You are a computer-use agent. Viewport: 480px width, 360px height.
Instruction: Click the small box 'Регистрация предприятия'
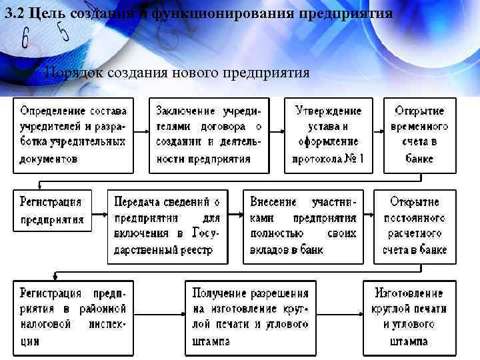53,210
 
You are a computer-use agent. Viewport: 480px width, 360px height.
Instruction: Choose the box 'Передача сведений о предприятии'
167,226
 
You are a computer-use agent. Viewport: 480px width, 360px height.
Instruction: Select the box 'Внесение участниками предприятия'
304,226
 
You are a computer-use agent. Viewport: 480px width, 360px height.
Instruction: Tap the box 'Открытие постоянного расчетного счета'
415,226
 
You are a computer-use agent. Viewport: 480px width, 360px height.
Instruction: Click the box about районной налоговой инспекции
73,317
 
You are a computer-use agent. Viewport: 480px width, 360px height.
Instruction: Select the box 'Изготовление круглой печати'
409,317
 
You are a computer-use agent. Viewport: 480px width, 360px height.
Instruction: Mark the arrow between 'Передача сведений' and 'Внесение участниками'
235,226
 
